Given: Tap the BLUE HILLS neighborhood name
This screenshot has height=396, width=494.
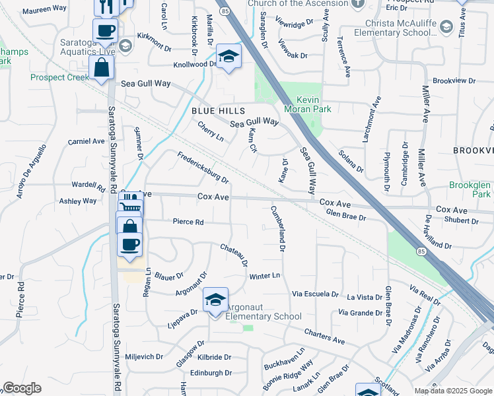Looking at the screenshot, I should coord(219,111).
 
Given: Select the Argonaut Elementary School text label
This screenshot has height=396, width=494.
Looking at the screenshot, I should coord(264,312).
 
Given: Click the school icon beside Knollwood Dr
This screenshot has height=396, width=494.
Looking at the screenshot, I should coord(229,57).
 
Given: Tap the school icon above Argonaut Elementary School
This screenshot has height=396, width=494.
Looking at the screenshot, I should coord(215,300).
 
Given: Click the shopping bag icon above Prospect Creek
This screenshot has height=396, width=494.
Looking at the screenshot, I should coord(102,67).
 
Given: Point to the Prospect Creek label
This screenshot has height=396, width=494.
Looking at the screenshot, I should coord(59,78).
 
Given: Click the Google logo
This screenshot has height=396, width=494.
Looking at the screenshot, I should coord(22,388).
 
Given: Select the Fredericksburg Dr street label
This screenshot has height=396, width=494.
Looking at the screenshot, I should coord(203,168).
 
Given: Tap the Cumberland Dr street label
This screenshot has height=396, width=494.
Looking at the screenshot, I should coord(277,229).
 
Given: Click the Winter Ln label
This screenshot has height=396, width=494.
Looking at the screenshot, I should coord(265,275).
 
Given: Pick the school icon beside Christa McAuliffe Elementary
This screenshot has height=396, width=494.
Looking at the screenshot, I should coord(446,26).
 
